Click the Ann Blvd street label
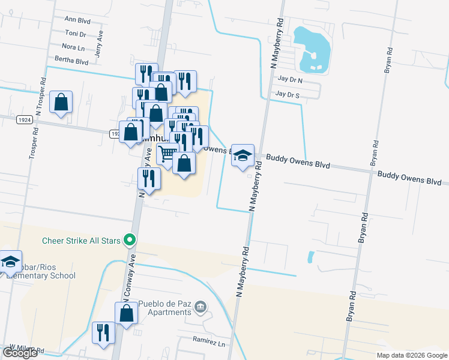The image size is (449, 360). coord(77,20)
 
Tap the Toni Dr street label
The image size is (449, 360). coord(76,34)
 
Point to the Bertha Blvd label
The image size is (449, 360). coord(71,61)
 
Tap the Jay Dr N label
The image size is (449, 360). coord(290,79)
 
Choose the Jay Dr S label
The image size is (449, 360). coord(287,95)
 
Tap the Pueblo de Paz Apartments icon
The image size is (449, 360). coord(201,308)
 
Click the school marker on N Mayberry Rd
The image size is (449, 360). coord(243,156)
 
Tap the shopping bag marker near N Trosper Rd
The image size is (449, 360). coord(61,102)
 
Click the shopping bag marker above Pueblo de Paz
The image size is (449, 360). coord(126,313)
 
